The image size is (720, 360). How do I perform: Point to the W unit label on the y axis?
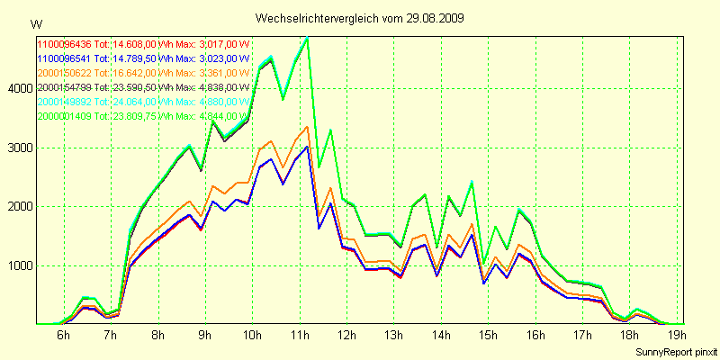pyautogui.click(x=35, y=23)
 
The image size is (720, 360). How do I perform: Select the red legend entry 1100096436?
pyautogui.click(x=65, y=43)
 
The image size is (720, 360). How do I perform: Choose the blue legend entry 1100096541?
pyautogui.click(x=65, y=58)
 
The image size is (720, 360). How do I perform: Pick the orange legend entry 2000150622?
pyautogui.click(x=65, y=72)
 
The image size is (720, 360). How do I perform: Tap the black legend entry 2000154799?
pyautogui.click(x=65, y=87)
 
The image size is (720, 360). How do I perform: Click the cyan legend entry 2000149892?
pyautogui.click(x=65, y=102)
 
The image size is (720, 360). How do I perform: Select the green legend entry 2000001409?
pyautogui.click(x=65, y=116)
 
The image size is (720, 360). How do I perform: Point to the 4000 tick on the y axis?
pyautogui.click(x=19, y=88)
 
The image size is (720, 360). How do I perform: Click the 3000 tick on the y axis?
pyautogui.click(x=19, y=148)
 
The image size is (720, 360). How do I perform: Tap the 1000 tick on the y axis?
pyautogui.click(x=19, y=265)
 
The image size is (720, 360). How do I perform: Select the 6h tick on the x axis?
pyautogui.click(x=63, y=335)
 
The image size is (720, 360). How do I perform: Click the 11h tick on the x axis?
pyautogui.click(x=299, y=335)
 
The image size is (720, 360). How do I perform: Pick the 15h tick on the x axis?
pyautogui.click(x=488, y=335)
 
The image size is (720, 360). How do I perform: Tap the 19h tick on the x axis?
pyautogui.click(x=677, y=335)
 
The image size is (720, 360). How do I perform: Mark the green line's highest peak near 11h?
pyautogui.click(x=308, y=38)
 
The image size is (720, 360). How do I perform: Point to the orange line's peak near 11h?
pyautogui.click(x=308, y=126)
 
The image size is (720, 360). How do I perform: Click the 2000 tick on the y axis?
pyautogui.click(x=19, y=206)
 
